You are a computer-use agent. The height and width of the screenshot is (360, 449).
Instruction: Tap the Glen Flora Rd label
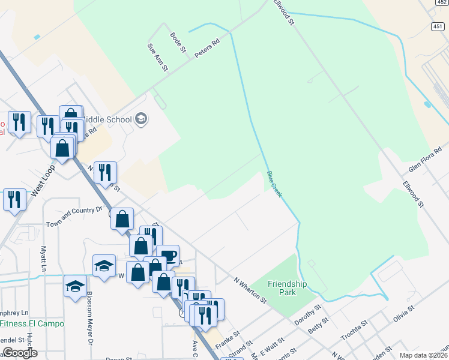tap(424, 158)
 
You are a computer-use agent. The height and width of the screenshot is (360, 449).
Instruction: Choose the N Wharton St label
tap(249, 289)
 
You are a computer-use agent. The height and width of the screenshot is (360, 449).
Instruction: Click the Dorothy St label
tap(309, 315)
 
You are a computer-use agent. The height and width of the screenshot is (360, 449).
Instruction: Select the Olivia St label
tap(404, 314)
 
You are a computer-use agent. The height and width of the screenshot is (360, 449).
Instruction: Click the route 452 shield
tap(441, 3)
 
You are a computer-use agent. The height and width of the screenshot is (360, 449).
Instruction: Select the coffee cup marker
tap(168, 256)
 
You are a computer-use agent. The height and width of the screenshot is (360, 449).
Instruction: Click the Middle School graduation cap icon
tap(140, 119)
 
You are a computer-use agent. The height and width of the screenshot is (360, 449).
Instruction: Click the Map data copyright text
tap(424, 355)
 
